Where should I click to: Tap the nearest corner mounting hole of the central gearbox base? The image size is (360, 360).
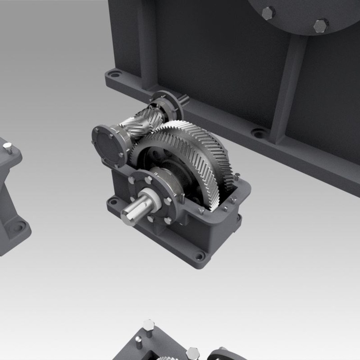tap(199, 256)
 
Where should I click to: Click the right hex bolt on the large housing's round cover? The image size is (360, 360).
tap(321, 25)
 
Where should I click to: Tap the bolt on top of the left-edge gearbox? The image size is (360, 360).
tap(7, 147)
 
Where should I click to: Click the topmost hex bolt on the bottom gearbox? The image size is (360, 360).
tap(148, 324)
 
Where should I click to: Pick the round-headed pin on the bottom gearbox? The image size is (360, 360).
tap(139, 340)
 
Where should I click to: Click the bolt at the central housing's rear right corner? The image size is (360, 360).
tap(237, 176)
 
